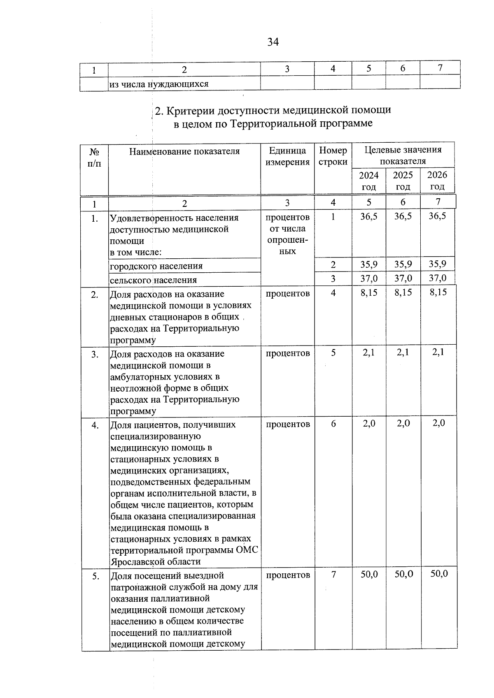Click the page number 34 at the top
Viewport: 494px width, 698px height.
273,42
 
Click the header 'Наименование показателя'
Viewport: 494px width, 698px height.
184,151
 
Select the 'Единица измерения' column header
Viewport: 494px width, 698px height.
287,156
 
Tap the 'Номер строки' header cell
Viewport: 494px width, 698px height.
333,156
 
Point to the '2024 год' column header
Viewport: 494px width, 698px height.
369,181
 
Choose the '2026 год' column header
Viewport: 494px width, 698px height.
437,181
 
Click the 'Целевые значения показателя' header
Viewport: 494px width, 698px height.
403,155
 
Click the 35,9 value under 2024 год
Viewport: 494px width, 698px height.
369,264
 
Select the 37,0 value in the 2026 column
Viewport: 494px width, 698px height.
438,278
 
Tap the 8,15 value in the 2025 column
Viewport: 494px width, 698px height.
403,292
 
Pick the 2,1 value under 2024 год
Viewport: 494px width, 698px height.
369,352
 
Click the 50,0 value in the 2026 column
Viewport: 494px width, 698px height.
439,574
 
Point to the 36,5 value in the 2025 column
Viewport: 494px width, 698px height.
403,216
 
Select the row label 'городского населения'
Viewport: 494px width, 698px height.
156,266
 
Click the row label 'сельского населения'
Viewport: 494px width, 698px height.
153,280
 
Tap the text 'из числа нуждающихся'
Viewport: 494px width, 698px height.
159,84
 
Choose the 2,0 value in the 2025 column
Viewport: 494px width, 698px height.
403,423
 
